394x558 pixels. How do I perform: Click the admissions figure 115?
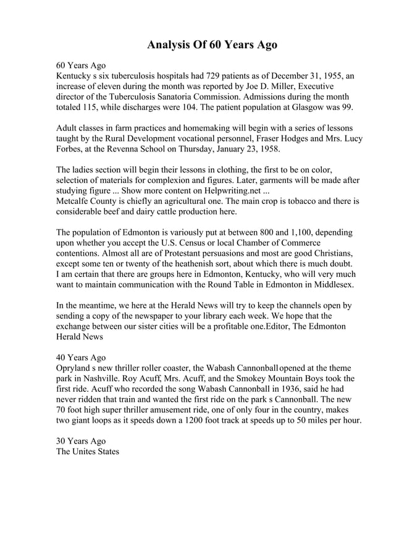tap(91, 108)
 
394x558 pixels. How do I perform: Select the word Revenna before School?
tap(132, 150)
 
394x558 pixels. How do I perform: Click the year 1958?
tap(268, 150)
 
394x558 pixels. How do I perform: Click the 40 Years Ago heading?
tap(80, 357)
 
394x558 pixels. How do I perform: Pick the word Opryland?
tap(75, 368)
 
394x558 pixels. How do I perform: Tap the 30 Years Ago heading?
tap(80, 441)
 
